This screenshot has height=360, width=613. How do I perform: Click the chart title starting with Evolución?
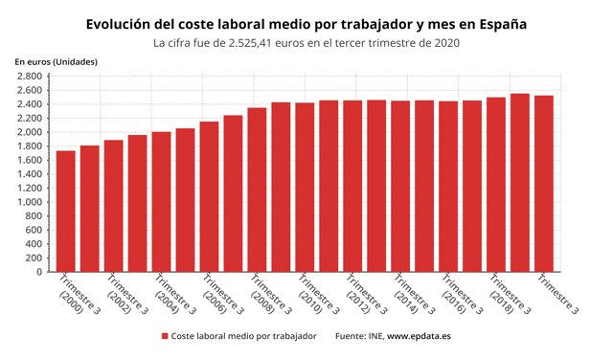[x=306, y=22]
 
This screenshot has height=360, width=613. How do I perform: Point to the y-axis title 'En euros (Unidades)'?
[x=56, y=62]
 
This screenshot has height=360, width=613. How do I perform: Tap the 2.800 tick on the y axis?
[x=29, y=77]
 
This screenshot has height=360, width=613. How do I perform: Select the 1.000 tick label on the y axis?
[x=29, y=202]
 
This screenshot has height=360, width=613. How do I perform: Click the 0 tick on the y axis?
[x=38, y=272]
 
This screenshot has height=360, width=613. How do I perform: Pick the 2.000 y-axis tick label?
[x=29, y=132]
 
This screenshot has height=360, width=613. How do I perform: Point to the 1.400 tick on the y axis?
[x=29, y=174]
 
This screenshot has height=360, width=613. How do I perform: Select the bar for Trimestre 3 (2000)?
[x=66, y=211]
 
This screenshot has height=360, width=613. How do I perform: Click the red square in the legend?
[x=165, y=337]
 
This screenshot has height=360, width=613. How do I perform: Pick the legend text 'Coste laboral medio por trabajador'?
[x=244, y=337]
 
